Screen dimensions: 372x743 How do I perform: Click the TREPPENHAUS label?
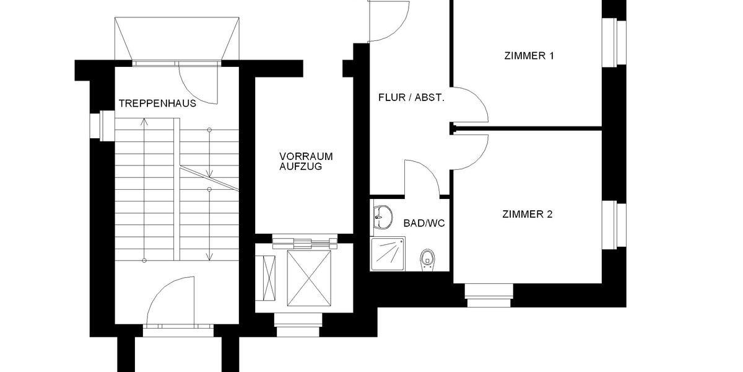157,104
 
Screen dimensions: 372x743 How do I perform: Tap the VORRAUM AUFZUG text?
306,162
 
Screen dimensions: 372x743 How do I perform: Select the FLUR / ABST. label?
411,98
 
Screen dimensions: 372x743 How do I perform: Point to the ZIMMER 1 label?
529,56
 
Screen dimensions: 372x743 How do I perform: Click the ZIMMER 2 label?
527,215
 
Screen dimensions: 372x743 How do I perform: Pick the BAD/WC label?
424,223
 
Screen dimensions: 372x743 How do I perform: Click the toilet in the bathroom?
427,259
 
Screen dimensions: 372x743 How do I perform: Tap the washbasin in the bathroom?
382,217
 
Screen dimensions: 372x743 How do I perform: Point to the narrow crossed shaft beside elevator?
271,275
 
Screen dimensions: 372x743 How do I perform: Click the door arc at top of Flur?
389,22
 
